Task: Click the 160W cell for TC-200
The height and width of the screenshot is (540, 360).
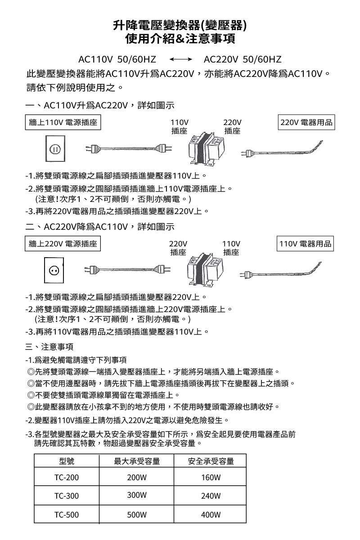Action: click(x=211, y=477)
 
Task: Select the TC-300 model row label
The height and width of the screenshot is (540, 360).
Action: click(x=66, y=496)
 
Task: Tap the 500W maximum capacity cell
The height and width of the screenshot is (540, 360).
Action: click(x=137, y=514)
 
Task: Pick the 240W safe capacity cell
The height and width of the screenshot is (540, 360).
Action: click(x=211, y=496)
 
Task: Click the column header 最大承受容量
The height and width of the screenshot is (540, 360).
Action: click(x=137, y=461)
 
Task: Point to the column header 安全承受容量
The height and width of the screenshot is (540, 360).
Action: click(x=211, y=461)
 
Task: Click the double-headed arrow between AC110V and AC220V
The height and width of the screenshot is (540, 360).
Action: click(x=180, y=59)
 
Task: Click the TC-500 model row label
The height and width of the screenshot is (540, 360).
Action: click(x=66, y=514)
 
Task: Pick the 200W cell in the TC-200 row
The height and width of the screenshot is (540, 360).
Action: click(x=137, y=477)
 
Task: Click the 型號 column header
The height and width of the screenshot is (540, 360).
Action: click(x=66, y=461)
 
